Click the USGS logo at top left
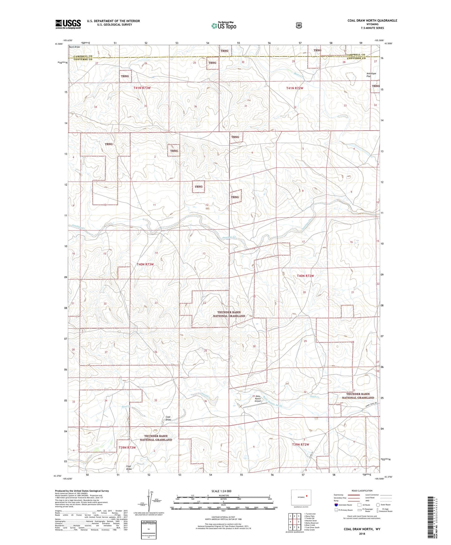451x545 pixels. pos(68,24)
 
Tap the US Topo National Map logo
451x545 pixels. pos(223,25)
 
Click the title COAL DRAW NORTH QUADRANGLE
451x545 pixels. pos(372,21)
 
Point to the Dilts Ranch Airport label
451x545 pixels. pos(258,399)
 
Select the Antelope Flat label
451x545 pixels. pos(371,75)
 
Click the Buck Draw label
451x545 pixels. pos(74,47)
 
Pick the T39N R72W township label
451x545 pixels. pos(300,444)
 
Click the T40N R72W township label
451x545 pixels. pos(305,276)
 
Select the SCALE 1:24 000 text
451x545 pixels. pos(221,491)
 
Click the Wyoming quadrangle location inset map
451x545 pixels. pos(301,496)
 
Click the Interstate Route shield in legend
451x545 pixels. pos(336,504)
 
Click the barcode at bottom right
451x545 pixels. pos(431,516)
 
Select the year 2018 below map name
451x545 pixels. pos(362,533)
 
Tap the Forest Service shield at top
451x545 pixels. pos(299,25)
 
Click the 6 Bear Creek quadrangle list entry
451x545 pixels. pos(310,525)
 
